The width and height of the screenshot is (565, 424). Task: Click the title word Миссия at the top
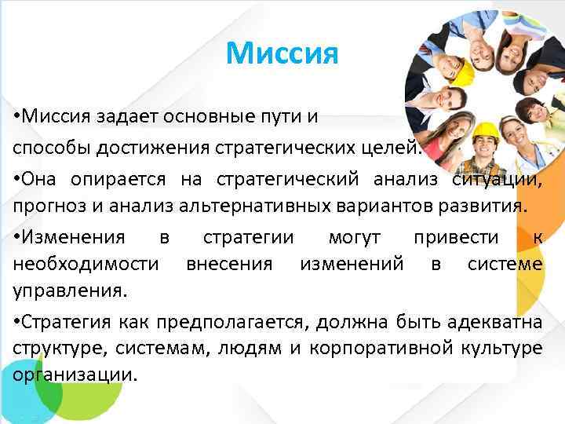[282, 53]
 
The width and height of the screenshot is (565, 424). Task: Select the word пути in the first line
[284, 118]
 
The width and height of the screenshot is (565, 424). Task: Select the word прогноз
[44, 207]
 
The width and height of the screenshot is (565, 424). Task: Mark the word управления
[69, 292]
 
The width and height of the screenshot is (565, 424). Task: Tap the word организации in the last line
[75, 375]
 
